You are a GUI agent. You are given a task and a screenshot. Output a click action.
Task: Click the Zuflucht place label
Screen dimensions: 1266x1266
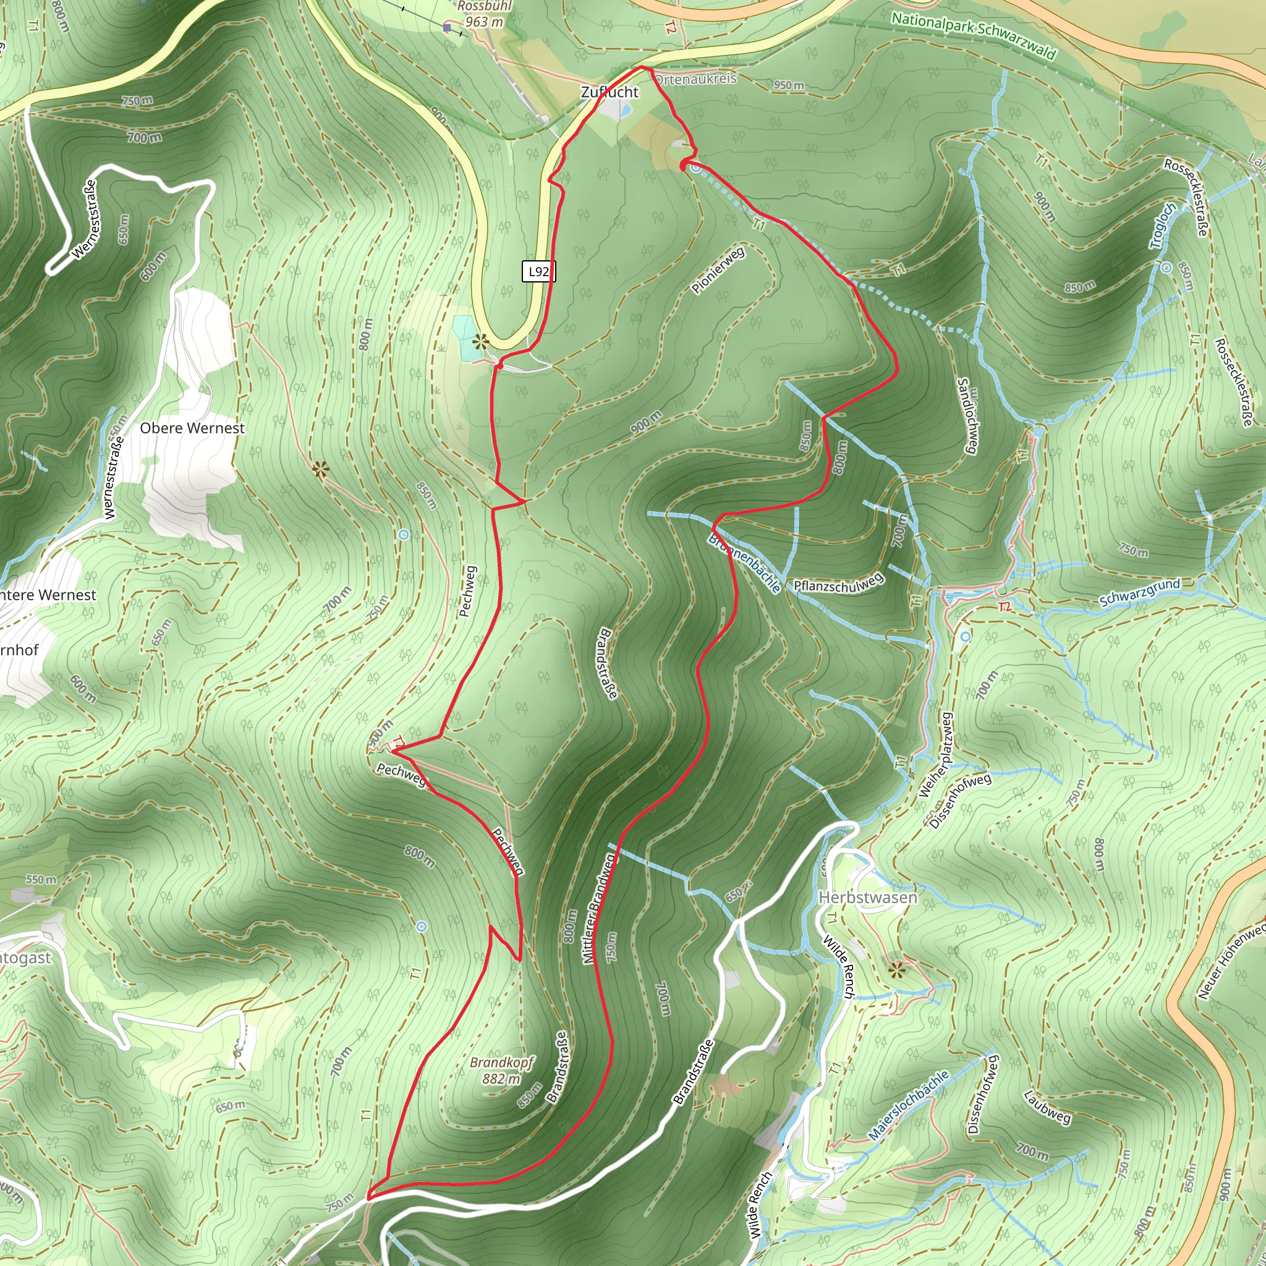610,92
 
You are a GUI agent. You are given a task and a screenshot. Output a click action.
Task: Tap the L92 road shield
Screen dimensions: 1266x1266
538,271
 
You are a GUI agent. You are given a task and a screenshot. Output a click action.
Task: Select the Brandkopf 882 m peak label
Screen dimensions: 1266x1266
502,1070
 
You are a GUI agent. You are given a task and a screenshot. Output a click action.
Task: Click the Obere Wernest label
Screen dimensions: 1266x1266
192,428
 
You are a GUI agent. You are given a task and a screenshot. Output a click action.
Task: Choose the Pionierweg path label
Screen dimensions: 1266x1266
718,270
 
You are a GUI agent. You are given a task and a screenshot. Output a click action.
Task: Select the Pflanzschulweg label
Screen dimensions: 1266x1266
838,582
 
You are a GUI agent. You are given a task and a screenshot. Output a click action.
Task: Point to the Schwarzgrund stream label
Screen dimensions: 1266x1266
1139,592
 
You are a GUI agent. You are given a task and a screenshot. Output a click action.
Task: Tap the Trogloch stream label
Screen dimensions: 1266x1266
1163,226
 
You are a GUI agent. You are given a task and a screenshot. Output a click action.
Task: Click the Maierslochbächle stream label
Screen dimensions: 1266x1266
909,1105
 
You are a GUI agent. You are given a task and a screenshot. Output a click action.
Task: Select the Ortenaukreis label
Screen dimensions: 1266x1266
696,79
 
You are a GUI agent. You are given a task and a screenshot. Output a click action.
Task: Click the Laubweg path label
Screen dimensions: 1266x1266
1047,1107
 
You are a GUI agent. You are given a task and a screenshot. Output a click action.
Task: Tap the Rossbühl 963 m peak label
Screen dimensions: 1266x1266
484,14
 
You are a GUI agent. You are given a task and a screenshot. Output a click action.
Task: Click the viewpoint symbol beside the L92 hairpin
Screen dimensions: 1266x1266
482,341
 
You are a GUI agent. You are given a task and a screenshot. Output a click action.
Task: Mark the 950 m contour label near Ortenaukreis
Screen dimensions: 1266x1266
788,85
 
